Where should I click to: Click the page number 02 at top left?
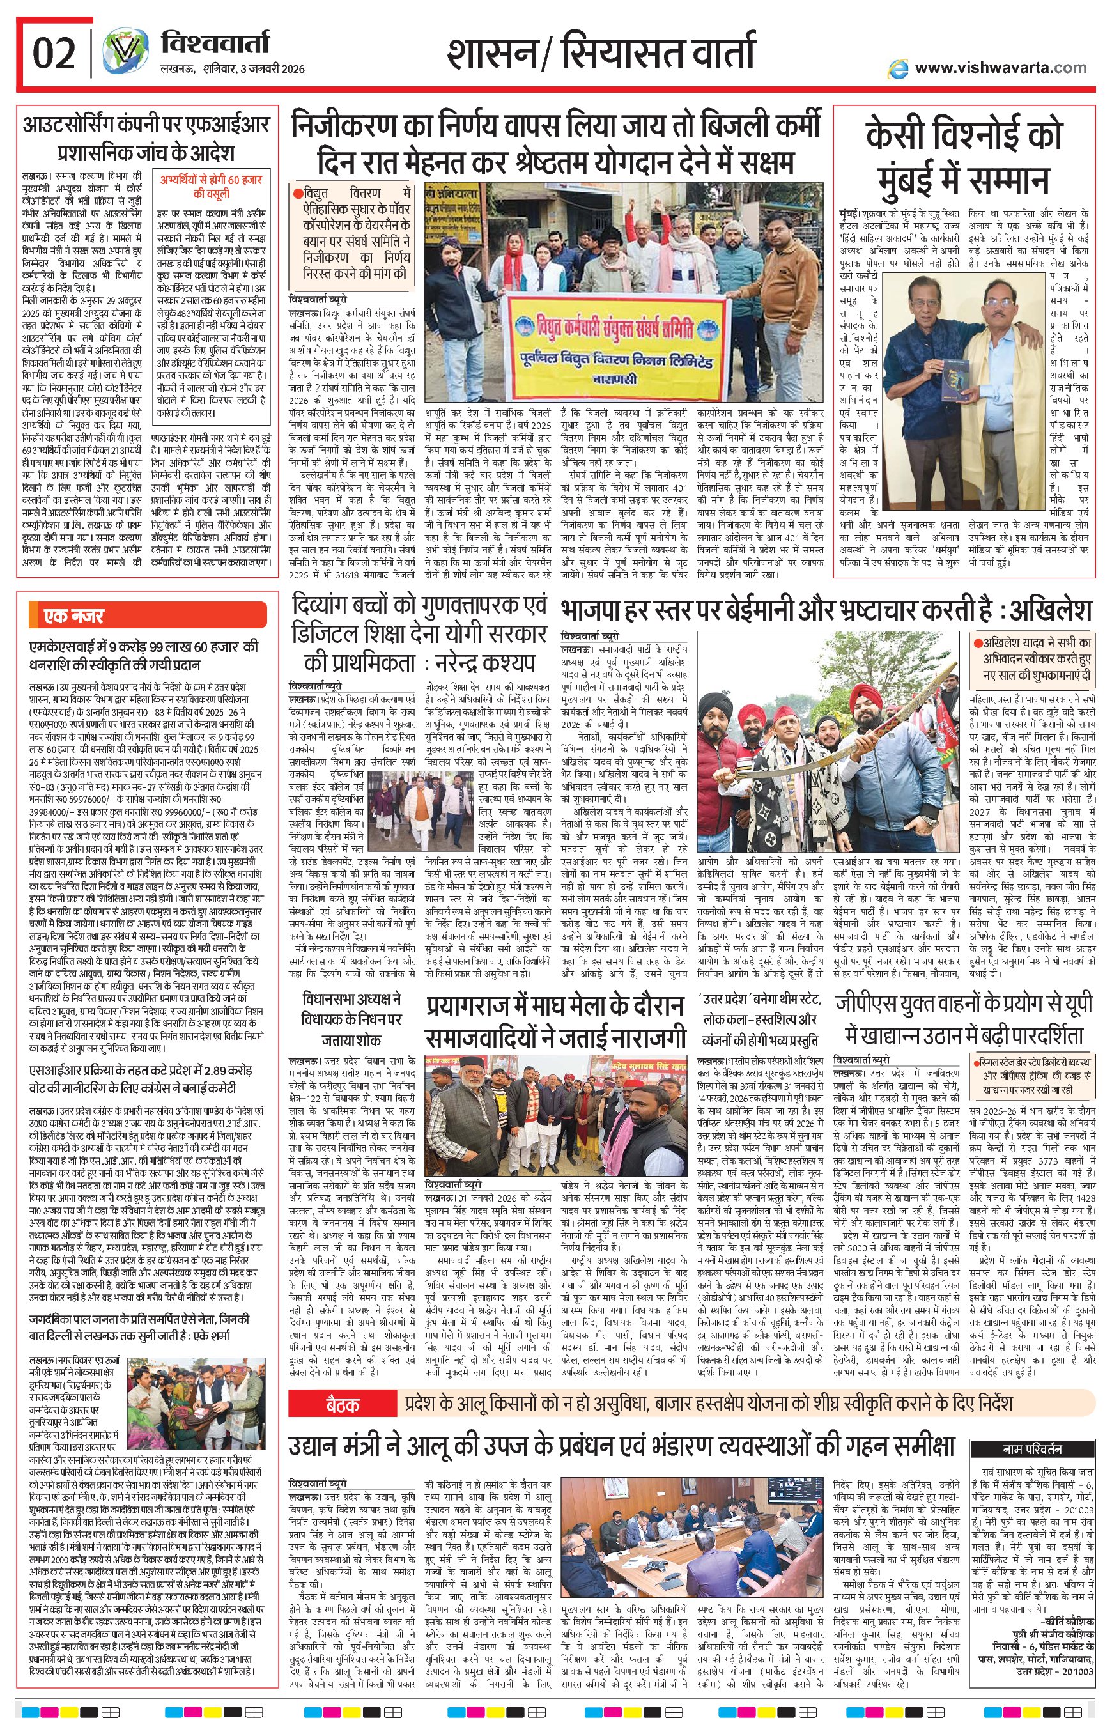pos(54,54)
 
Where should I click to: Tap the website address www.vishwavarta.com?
pos(1000,68)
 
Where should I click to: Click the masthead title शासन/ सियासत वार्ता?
pos(601,54)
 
